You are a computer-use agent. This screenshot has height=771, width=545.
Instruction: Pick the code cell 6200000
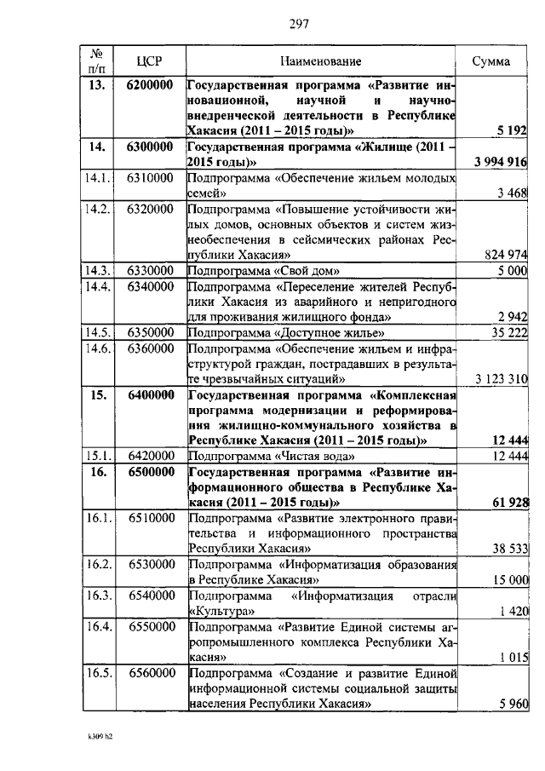[x=150, y=86]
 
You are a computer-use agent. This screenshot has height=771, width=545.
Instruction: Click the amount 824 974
[x=505, y=255]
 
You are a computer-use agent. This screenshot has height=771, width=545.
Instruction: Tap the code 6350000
[x=150, y=332]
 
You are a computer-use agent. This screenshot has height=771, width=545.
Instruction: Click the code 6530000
[x=150, y=564]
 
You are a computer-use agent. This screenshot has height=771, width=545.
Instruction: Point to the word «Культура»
[x=220, y=611]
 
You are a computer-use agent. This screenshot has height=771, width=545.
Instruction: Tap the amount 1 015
[x=512, y=657]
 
